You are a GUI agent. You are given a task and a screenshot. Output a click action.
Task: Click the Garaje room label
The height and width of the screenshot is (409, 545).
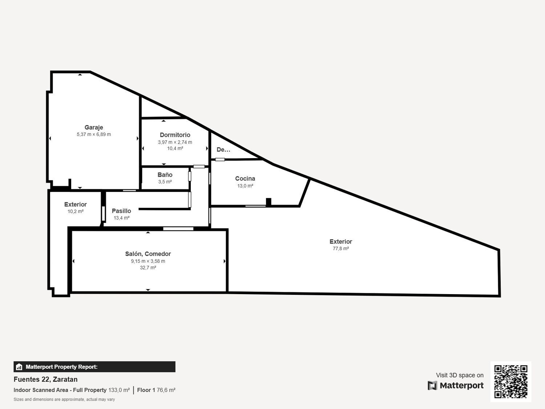[94, 127]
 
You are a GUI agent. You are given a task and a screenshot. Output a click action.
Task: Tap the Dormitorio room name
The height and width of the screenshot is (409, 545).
[175, 135]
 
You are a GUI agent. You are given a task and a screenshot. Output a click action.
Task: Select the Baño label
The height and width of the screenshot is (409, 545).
[165, 175]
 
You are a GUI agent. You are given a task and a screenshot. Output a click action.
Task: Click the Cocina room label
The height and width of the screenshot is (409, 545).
[245, 179]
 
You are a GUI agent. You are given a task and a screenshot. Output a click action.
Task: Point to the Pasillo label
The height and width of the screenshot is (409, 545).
[121, 211]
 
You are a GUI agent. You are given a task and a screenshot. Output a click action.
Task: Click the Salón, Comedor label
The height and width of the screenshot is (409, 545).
[148, 254]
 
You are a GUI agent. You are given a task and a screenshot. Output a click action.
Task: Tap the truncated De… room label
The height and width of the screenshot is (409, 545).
[223, 149]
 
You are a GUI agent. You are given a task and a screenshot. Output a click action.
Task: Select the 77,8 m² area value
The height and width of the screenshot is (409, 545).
[341, 248]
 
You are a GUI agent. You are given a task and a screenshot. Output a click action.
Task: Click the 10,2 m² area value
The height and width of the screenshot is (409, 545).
[76, 211]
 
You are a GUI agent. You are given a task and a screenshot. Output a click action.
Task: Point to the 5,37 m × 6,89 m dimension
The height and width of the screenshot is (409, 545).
[94, 135]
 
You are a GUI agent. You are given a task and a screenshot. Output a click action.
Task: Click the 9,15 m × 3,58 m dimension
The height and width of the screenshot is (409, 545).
[148, 261]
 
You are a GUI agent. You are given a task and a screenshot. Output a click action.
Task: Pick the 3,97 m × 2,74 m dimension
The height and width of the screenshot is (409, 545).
[175, 142]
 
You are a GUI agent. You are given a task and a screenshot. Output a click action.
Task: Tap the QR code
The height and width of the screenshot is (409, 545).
[511, 381]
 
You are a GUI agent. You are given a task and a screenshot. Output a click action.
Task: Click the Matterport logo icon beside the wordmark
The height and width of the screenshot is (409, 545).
[432, 385]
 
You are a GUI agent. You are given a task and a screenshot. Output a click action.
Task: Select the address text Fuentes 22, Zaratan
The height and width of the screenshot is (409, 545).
[45, 380]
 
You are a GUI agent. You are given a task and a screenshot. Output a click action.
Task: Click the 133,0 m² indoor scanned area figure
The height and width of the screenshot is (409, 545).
[119, 390]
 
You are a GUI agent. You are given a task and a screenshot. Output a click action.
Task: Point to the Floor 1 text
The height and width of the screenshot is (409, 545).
[146, 390]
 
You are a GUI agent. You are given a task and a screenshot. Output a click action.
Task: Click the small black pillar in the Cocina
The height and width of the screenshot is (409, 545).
[269, 202]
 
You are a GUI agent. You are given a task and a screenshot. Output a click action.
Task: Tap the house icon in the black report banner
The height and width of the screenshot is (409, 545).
[19, 367]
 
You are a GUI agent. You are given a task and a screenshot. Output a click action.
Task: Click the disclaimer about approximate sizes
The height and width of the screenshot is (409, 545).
[64, 399]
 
